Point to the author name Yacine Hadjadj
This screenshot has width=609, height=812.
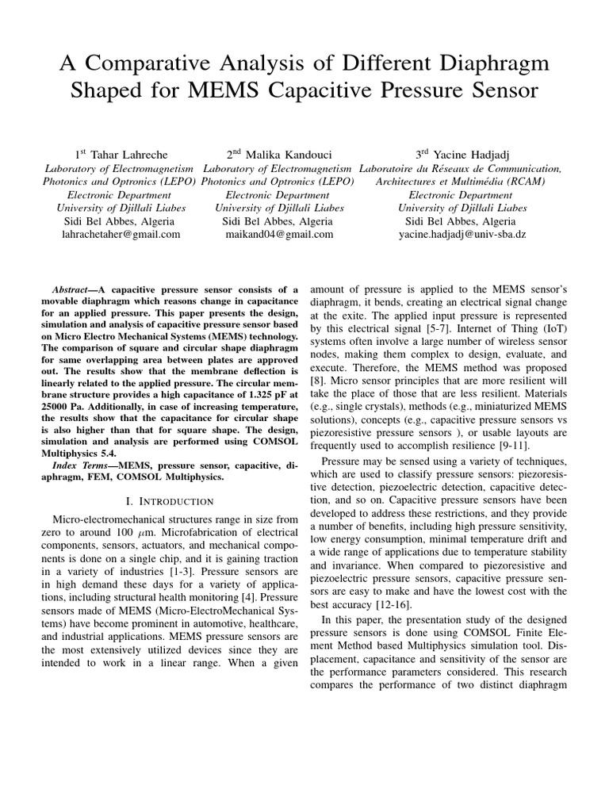pyautogui.click(x=469, y=154)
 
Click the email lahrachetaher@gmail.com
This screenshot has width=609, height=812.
pyautogui.click(x=122, y=235)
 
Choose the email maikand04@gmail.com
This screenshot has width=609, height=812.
pyautogui.click(x=278, y=235)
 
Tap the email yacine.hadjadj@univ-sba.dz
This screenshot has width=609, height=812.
pyautogui.click(x=461, y=235)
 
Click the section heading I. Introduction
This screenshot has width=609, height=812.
pyautogui.click(x=170, y=501)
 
